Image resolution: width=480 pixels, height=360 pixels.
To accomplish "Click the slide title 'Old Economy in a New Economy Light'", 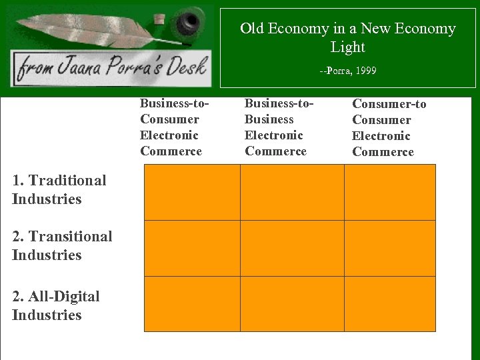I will click(347, 37).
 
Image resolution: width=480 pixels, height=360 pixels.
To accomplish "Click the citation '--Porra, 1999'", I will click(347, 70).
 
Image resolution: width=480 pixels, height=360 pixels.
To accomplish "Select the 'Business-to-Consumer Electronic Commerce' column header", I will click(172, 127).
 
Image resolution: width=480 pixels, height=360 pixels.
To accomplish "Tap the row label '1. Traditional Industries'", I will click(59, 189).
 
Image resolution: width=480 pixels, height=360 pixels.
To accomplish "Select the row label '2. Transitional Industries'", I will click(61, 245).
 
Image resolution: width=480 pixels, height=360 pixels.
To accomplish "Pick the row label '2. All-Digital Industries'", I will click(55, 305).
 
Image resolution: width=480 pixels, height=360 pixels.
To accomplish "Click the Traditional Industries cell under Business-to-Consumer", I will click(192, 192).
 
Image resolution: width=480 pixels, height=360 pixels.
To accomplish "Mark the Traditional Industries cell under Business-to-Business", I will click(292, 192).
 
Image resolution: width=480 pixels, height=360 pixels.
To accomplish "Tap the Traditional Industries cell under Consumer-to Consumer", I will click(390, 192).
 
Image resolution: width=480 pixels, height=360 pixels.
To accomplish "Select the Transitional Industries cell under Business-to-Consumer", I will click(192, 248).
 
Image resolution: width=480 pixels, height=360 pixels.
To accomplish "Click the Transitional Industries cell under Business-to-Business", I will click(292, 248).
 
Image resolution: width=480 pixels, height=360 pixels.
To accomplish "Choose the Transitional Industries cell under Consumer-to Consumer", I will click(390, 248).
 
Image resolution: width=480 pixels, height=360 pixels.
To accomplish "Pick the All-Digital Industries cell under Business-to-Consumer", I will click(192, 304).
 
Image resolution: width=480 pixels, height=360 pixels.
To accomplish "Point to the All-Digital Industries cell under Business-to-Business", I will click(292, 304).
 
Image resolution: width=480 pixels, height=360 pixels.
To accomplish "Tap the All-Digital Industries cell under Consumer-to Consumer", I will click(390, 304).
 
